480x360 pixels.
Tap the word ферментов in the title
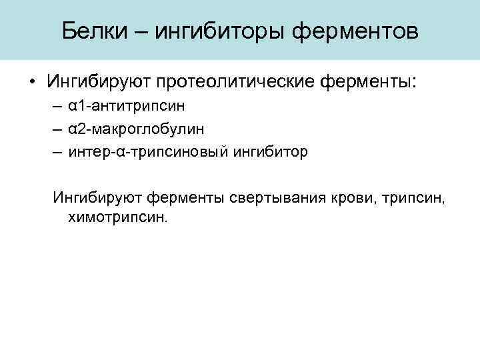tap(356, 31)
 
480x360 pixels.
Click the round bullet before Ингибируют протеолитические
tap(32, 81)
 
